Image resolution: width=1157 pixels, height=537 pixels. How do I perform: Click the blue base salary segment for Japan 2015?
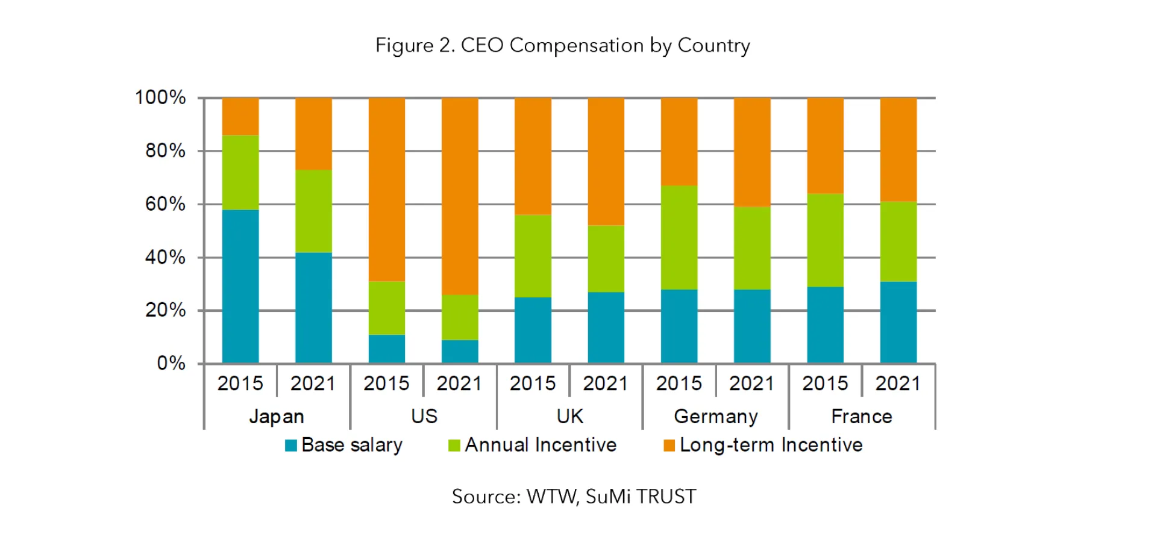(240, 286)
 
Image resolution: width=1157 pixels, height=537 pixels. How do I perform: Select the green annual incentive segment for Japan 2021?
(313, 211)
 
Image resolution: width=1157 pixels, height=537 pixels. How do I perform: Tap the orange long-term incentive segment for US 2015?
(386, 189)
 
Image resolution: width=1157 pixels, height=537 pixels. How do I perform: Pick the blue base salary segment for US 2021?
(459, 352)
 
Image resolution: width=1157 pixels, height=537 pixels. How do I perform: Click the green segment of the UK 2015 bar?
(533, 256)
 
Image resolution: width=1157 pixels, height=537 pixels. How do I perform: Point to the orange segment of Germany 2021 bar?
(751, 152)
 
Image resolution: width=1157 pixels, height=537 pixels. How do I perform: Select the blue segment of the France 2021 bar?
(898, 322)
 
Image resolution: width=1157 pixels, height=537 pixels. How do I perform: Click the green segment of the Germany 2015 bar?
(679, 237)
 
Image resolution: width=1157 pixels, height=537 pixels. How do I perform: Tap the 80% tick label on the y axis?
(165, 151)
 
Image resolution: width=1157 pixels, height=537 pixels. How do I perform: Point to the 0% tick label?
(171, 363)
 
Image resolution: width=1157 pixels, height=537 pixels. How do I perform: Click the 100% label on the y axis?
(160, 98)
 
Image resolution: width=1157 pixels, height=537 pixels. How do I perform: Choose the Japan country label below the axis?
(277, 417)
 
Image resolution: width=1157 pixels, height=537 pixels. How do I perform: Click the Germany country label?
(715, 417)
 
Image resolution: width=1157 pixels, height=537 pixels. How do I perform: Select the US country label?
(424, 417)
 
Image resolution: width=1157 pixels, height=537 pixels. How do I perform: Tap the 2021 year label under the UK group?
(605, 383)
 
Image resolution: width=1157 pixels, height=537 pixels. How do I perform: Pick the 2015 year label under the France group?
(824, 383)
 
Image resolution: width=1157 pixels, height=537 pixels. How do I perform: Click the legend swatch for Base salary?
(291, 445)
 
